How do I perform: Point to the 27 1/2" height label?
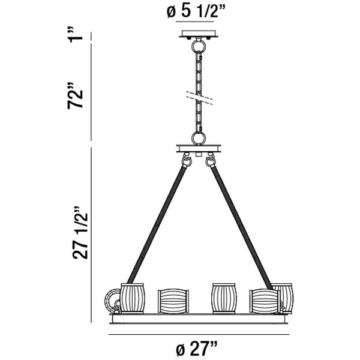coord(80,234)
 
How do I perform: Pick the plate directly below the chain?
coord(199,147)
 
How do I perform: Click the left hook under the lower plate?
coord(186,161)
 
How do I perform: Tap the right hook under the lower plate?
coord(211,161)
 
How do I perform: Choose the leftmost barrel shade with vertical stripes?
coord(133,298)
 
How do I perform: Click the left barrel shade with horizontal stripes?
coord(173,301)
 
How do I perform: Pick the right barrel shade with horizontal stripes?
coord(264,301)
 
